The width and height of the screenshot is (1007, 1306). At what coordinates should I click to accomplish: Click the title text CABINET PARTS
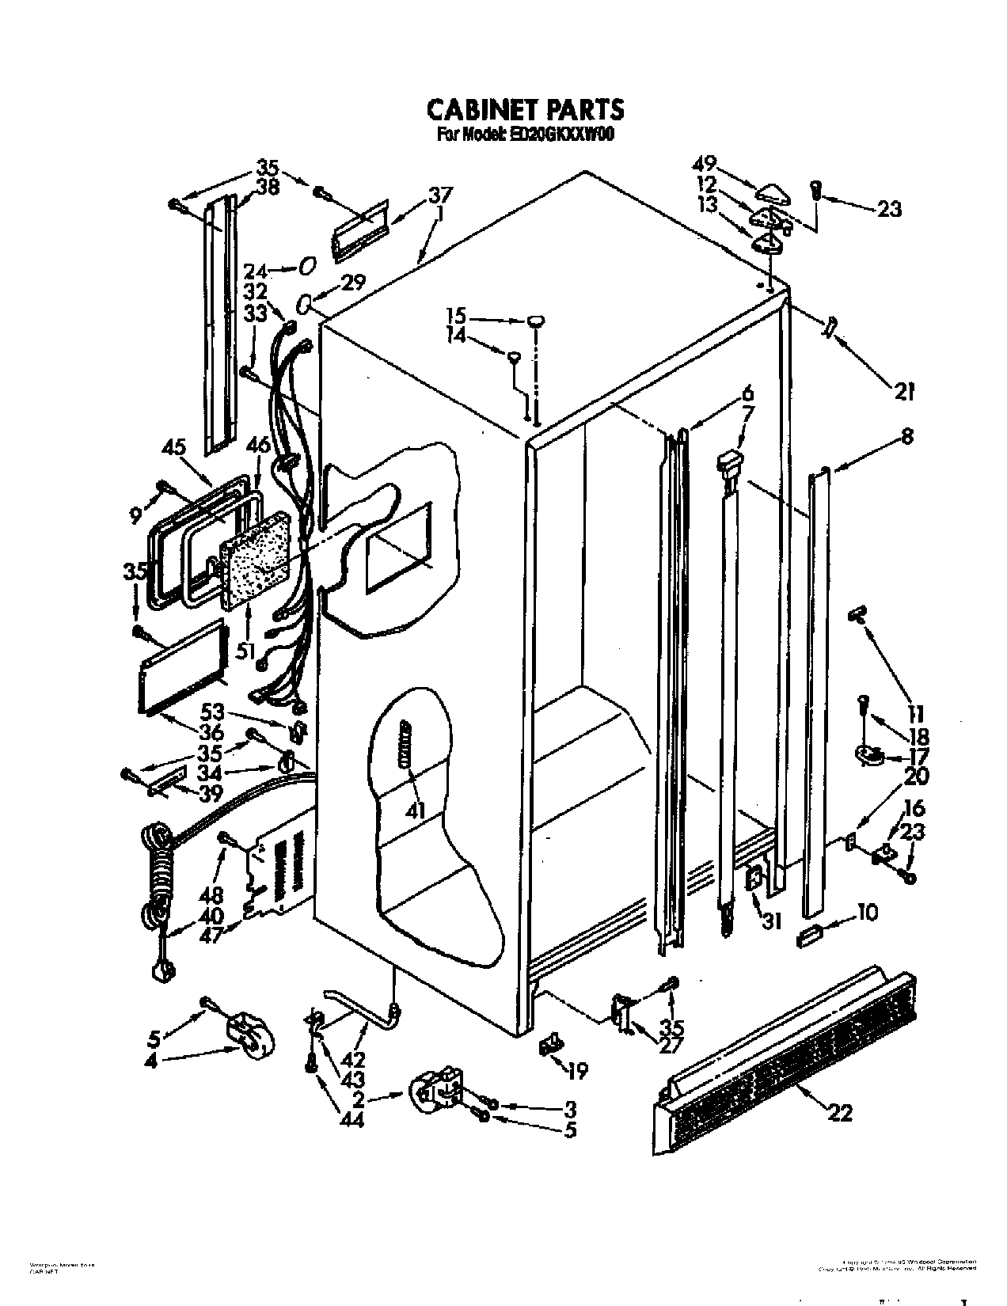coord(525,108)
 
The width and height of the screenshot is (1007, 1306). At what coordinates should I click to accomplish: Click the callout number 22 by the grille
coord(840,1112)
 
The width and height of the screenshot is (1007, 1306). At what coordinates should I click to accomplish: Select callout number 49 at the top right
coord(705,164)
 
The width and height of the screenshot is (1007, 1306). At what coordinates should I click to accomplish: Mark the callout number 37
coord(441,195)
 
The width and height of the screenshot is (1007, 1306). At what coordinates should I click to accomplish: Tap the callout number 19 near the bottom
coord(579,1072)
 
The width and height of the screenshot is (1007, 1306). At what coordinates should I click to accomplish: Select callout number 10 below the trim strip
coord(867,913)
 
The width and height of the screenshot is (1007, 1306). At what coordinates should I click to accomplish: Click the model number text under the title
coord(525,135)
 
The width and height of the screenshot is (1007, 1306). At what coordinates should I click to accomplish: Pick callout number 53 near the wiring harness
coord(212,711)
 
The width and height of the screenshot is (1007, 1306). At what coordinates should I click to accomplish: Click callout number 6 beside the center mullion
coord(747,393)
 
